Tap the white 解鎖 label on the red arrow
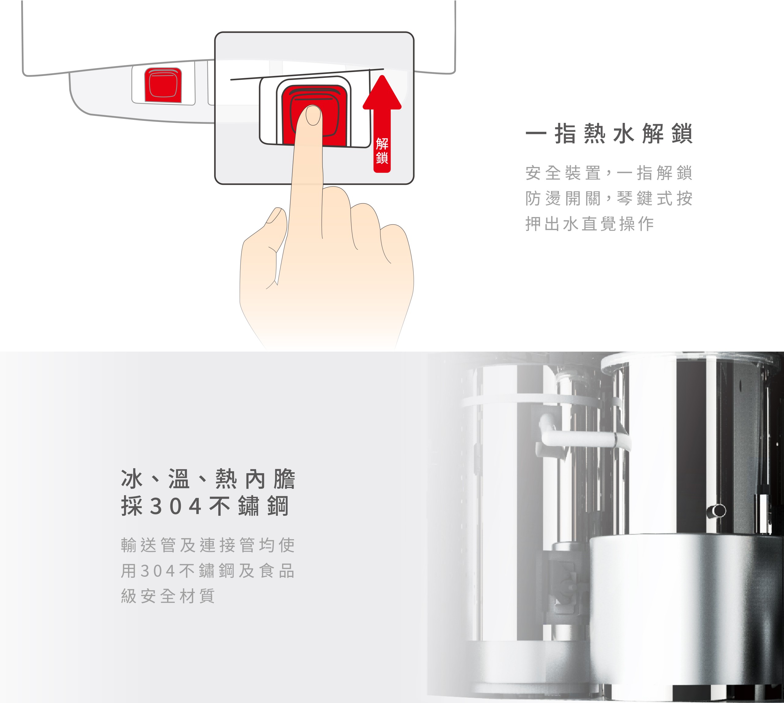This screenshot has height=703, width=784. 382,151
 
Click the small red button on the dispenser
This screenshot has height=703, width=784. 163,85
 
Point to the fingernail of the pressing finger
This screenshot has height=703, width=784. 313,116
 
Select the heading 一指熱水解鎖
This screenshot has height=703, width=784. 609,134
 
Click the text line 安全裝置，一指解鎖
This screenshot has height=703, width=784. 609,173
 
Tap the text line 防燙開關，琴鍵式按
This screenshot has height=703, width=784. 609,198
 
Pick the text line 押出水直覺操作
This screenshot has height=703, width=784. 590,224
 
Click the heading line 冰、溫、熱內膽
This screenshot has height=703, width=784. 208,479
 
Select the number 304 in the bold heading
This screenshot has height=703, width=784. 176,506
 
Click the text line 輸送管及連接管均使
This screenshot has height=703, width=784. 208,545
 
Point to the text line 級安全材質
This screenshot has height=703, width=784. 168,596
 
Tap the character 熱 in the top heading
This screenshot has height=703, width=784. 595,134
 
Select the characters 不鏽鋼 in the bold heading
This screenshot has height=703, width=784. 249,506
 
